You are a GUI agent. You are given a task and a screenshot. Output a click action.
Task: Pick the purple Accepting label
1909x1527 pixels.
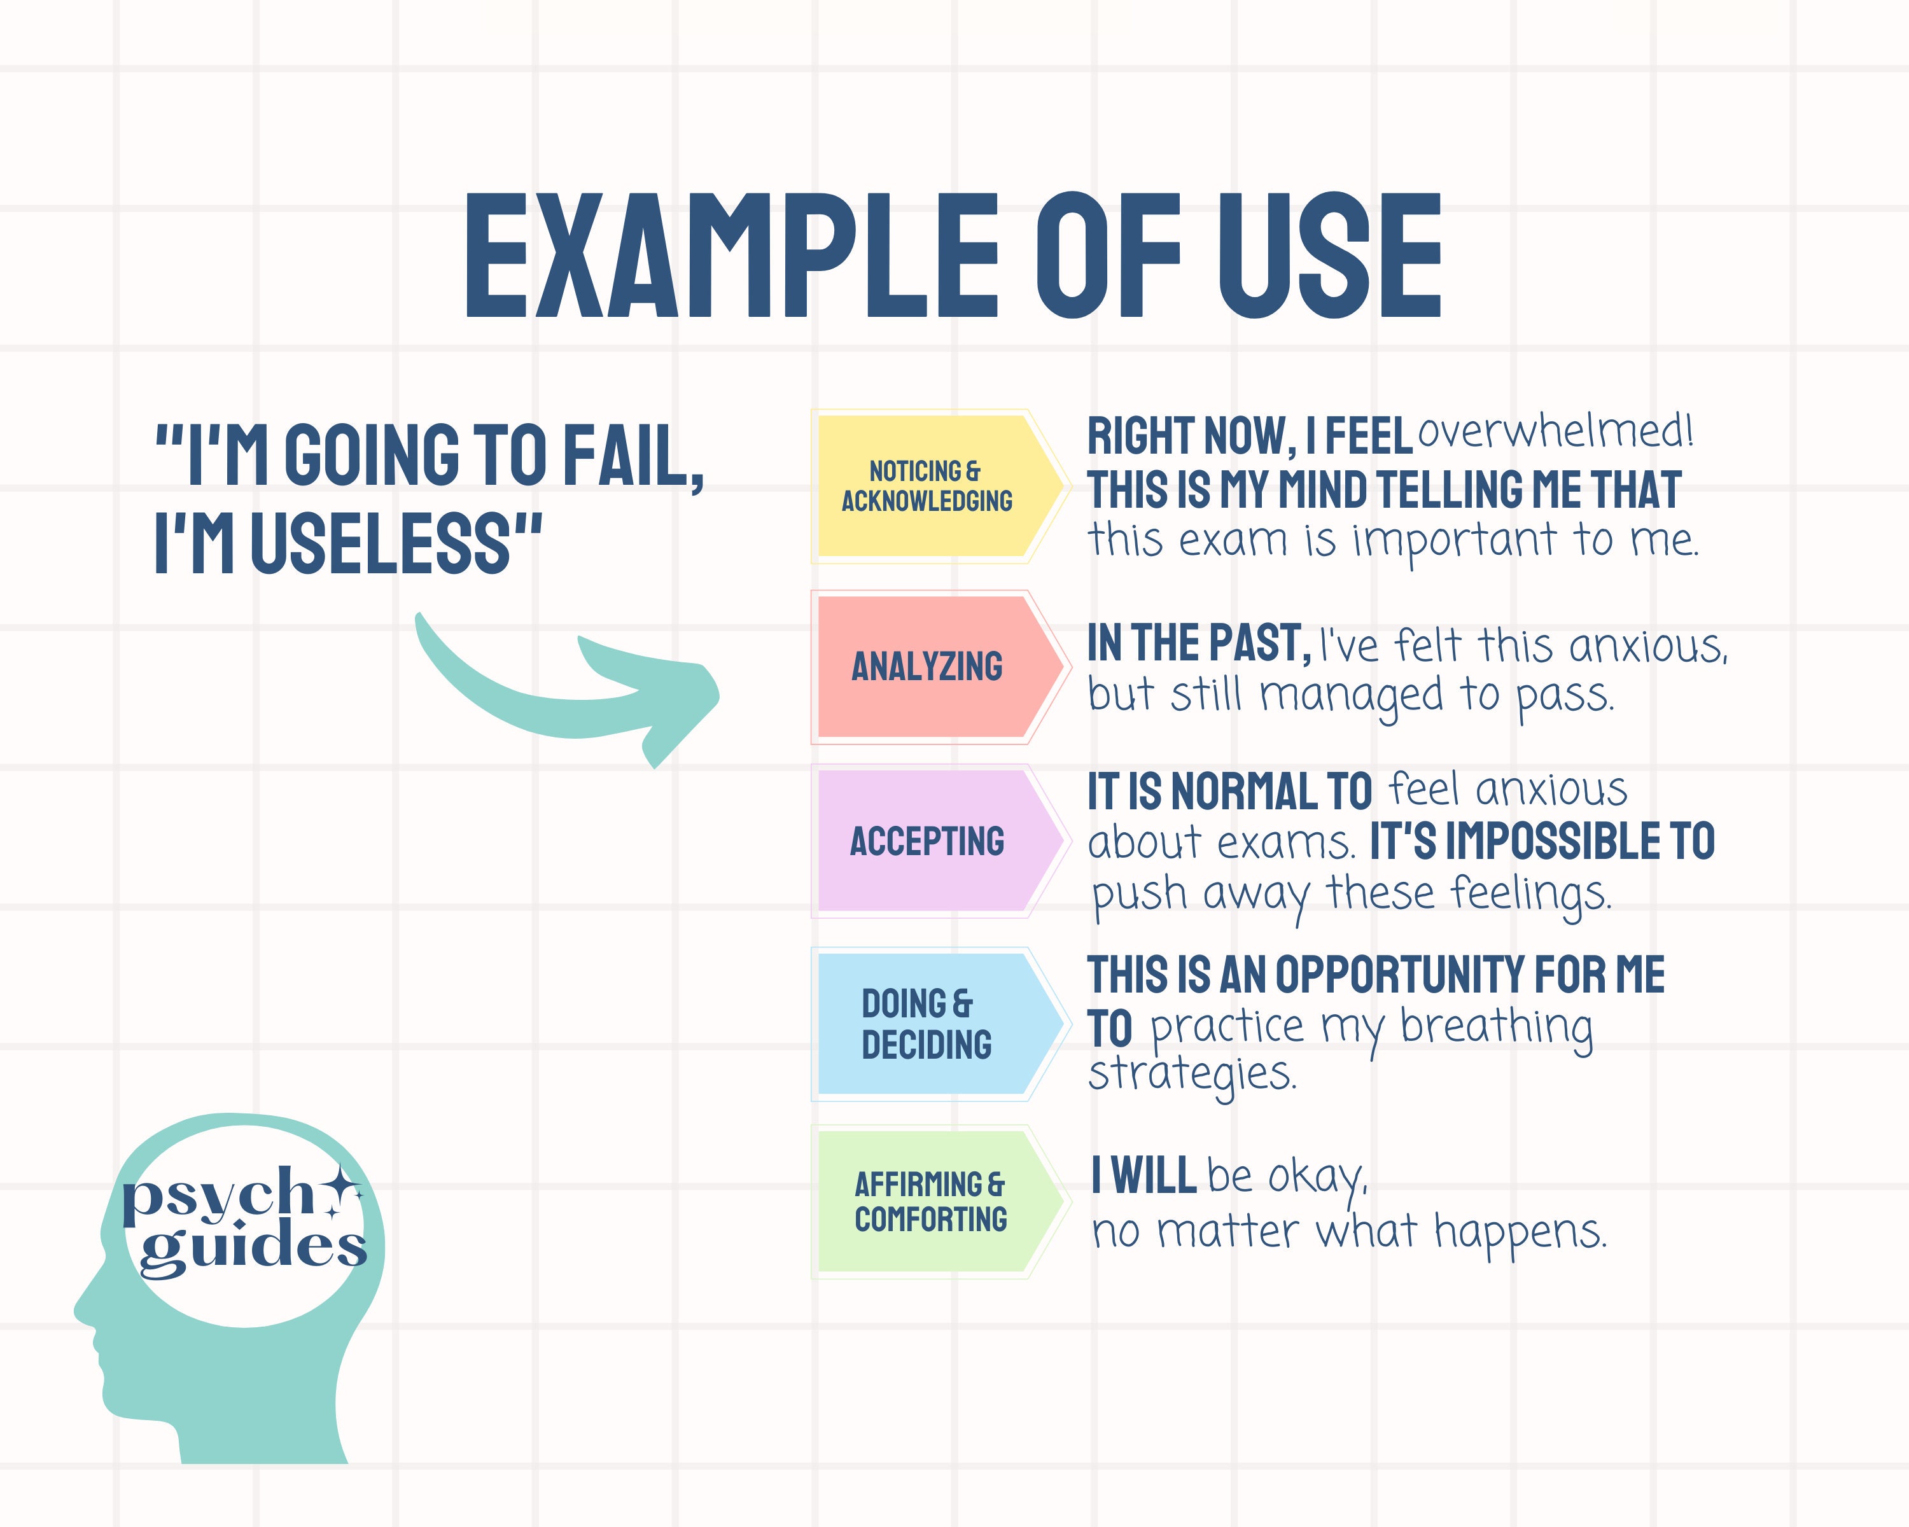926,841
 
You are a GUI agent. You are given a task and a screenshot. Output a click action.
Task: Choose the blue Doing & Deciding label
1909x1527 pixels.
926,1024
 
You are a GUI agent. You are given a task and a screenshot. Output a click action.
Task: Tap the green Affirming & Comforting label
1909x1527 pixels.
930,1201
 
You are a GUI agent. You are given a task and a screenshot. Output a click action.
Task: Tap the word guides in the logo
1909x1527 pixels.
253,1246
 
